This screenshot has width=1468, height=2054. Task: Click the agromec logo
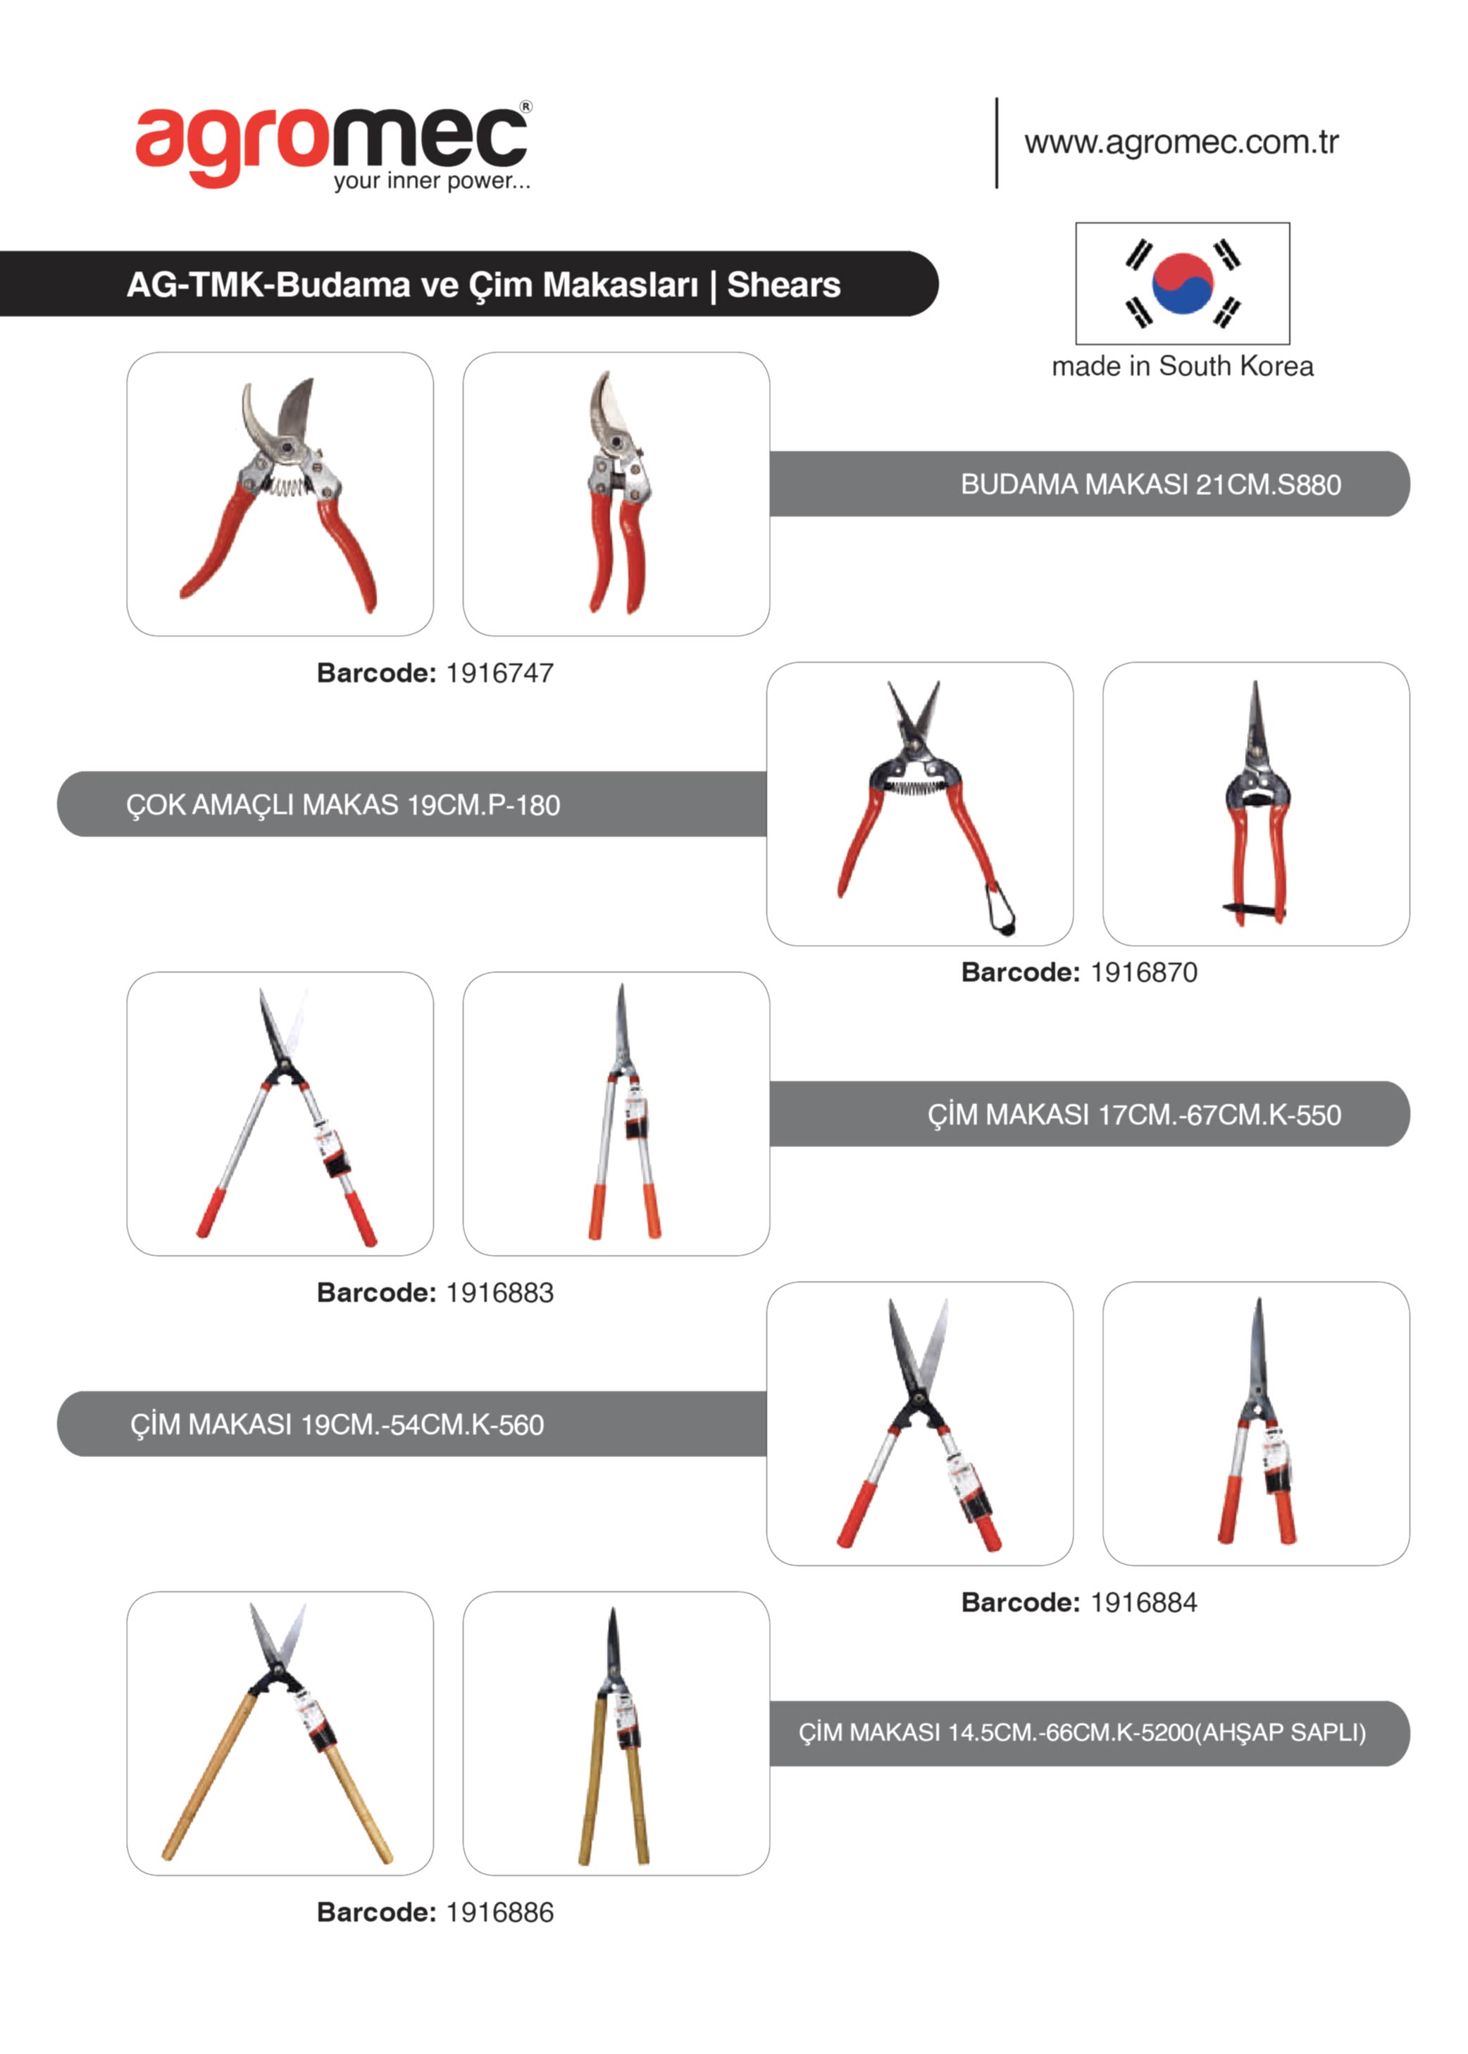332,146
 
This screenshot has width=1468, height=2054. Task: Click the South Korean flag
1182,283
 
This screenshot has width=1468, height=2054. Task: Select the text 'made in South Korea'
1182,366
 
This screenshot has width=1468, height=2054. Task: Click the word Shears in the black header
784,284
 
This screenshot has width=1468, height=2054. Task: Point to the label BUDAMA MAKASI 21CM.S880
1151,484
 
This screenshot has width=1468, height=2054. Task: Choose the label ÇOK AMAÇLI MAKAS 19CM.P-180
342,804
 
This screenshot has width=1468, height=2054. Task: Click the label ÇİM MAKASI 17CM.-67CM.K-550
1134,1114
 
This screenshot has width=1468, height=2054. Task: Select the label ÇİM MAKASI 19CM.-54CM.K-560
337,1424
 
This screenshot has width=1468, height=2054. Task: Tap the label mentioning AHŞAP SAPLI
1082,1732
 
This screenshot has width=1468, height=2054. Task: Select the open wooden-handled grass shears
278,1733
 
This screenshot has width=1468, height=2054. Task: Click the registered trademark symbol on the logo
526,106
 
